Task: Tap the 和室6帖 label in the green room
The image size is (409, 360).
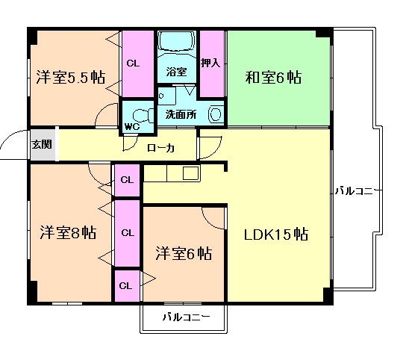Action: pyautogui.click(x=273, y=77)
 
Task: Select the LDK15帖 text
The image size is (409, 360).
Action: pyautogui.click(x=276, y=234)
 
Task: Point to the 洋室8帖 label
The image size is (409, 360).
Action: pyautogui.click(x=67, y=232)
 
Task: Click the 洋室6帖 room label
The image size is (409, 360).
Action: pyautogui.click(x=182, y=253)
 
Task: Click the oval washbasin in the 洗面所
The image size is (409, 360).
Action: pyautogui.click(x=216, y=114)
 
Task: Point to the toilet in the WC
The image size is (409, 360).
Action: pyautogui.click(x=139, y=114)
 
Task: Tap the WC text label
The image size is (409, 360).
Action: pyautogui.click(x=131, y=127)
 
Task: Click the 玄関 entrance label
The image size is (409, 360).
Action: pyautogui.click(x=42, y=144)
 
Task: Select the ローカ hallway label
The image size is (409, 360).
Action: pyautogui.click(x=160, y=148)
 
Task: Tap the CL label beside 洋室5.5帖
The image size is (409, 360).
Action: pyautogui.click(x=132, y=63)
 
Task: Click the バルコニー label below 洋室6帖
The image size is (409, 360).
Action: pyautogui.click(x=186, y=317)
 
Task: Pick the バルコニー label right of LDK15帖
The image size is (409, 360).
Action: pyautogui.click(x=355, y=189)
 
